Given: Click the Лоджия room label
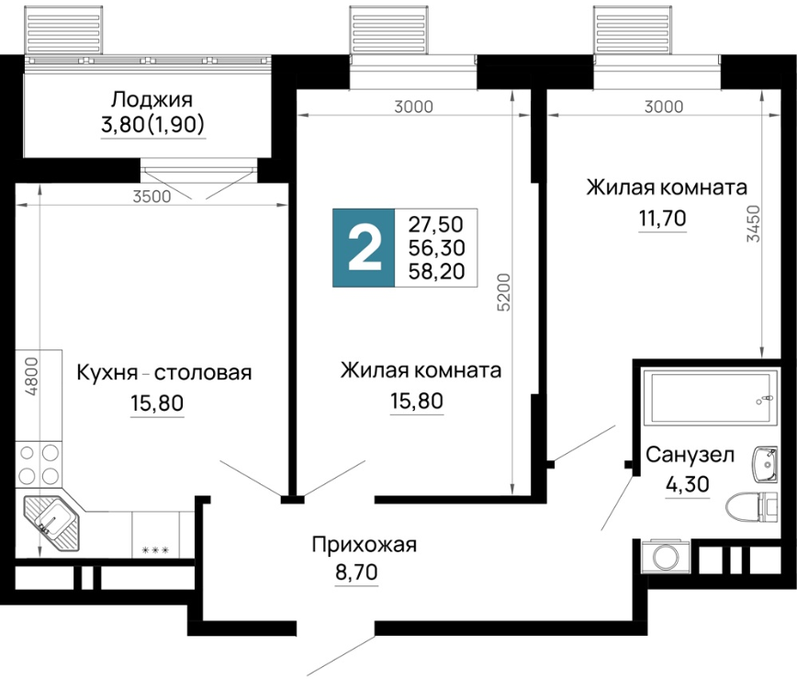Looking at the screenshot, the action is (x=152, y=99).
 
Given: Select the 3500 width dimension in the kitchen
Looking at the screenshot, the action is (x=152, y=197).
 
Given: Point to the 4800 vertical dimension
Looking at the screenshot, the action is (x=31, y=377).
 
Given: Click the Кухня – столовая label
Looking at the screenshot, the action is (x=164, y=372).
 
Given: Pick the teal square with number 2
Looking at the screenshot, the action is (x=364, y=248).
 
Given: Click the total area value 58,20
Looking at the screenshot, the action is (x=437, y=271).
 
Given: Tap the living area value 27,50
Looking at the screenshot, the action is (x=436, y=224).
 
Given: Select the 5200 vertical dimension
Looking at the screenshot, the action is (x=503, y=292).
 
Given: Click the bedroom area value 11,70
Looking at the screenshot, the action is (x=662, y=218).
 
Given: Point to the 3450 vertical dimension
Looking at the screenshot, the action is (x=753, y=223).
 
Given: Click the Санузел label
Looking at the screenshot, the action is (x=690, y=454).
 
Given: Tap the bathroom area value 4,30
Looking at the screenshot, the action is (x=687, y=483).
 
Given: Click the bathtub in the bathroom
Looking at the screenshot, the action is (x=710, y=398).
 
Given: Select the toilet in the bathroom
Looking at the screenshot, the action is (x=752, y=507).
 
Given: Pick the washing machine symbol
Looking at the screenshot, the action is (x=665, y=557).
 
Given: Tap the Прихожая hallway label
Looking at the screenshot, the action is (x=364, y=545).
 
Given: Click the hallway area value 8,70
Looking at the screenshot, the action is (x=356, y=572).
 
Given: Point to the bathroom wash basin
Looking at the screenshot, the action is (x=765, y=464).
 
